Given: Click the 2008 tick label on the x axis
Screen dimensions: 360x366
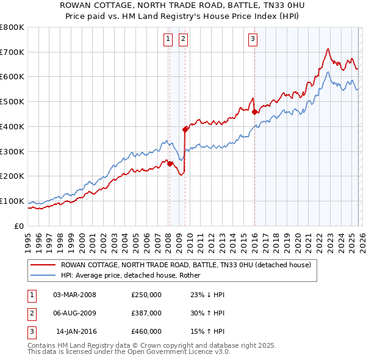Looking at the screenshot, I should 168,238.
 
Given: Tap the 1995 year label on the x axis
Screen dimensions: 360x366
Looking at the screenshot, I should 28,238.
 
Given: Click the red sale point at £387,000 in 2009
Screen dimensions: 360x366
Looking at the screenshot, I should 184,129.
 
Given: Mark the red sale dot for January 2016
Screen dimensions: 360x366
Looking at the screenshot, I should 254,111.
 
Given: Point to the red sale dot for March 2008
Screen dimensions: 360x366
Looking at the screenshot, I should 170,163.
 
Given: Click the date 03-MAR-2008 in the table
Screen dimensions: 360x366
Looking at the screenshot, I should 75,295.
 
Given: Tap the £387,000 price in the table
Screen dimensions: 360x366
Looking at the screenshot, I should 146,313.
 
